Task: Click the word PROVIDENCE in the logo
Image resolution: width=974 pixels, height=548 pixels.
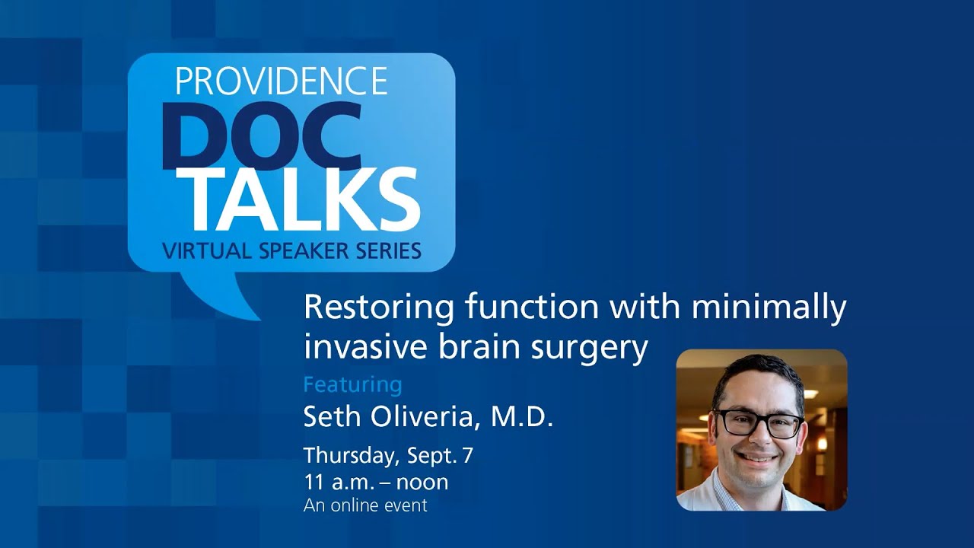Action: pos(282,81)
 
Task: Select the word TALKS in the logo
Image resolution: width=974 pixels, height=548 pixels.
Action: pos(303,199)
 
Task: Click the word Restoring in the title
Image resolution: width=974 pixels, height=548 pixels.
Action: pos(370,307)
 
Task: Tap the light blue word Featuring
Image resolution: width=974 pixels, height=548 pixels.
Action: pos(352,385)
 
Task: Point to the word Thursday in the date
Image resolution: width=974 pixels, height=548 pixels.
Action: pos(349,456)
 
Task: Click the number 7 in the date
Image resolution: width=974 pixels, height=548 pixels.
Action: pos(467,455)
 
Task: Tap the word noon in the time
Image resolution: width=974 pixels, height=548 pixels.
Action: pos(422,482)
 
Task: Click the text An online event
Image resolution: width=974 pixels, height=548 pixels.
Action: pos(365,505)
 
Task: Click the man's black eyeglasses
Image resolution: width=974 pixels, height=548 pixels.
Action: pos(758,423)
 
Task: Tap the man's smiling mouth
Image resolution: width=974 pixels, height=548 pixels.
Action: pos(756,459)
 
